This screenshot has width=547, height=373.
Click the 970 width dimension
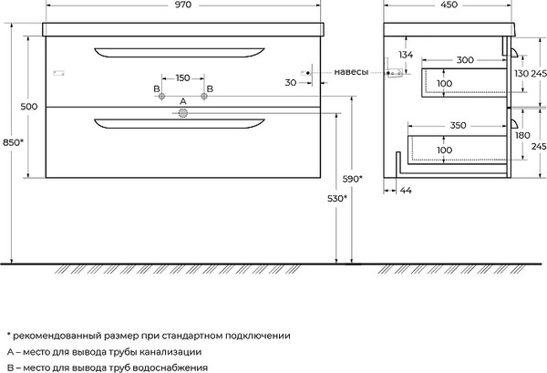pos(183,5)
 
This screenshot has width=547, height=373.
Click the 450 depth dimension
pos(449,5)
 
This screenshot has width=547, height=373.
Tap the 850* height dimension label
pos(13,142)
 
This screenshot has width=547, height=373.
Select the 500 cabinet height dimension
pos(29,107)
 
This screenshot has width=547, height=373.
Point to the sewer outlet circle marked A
pos(183,113)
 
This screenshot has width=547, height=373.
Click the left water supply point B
pos(161,97)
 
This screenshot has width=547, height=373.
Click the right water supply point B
pos(204,97)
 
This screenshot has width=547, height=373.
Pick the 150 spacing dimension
pos(183,78)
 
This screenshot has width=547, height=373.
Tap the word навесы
pos(351,72)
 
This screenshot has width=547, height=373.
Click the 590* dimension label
pos(352,179)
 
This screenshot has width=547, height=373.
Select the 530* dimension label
pos(337,199)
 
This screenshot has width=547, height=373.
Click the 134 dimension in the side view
pos(406,55)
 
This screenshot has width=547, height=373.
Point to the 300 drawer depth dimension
pos(465,60)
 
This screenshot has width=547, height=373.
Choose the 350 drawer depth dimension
pos(458,125)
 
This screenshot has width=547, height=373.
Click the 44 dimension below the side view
pos(406,191)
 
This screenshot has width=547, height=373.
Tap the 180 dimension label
pos(522,135)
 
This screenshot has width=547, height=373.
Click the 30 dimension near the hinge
pos(291,83)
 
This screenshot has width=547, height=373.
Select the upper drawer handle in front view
pos(180,53)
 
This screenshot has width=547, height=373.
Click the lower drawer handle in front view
pos(180,124)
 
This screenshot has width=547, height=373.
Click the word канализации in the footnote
pos(170,352)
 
